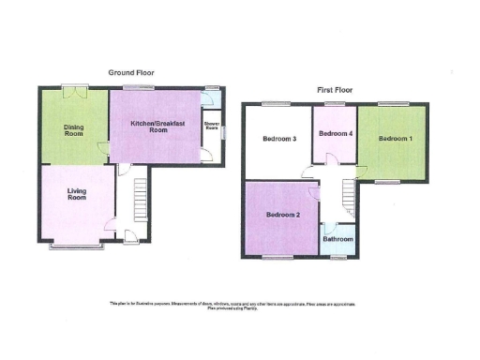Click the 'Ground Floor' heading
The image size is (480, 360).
coord(131,72)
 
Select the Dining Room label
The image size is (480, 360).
coord(74,130)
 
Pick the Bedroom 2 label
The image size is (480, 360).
coord(282,215)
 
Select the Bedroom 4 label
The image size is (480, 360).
coord(335,134)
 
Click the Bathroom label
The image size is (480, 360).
coord(338,239)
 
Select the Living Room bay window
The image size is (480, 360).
coord(77,247)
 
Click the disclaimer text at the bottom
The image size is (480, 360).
coord(239,306)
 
